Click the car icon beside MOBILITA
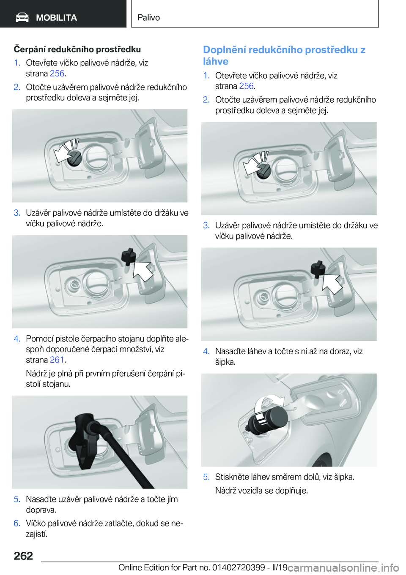pos(22,18)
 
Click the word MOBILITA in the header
pos(56,18)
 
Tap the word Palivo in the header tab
pos(148,17)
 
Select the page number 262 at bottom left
pos(23,556)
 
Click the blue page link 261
pos(57,360)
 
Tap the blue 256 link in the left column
pos(57,73)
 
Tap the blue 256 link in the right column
pos(246,86)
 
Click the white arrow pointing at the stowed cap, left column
pos(143,271)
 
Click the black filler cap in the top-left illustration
pos(74,159)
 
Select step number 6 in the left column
pos(17,523)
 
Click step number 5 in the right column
pos(206,477)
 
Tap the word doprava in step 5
pos(41,510)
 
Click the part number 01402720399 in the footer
pos(239,567)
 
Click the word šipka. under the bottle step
pos(225,362)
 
